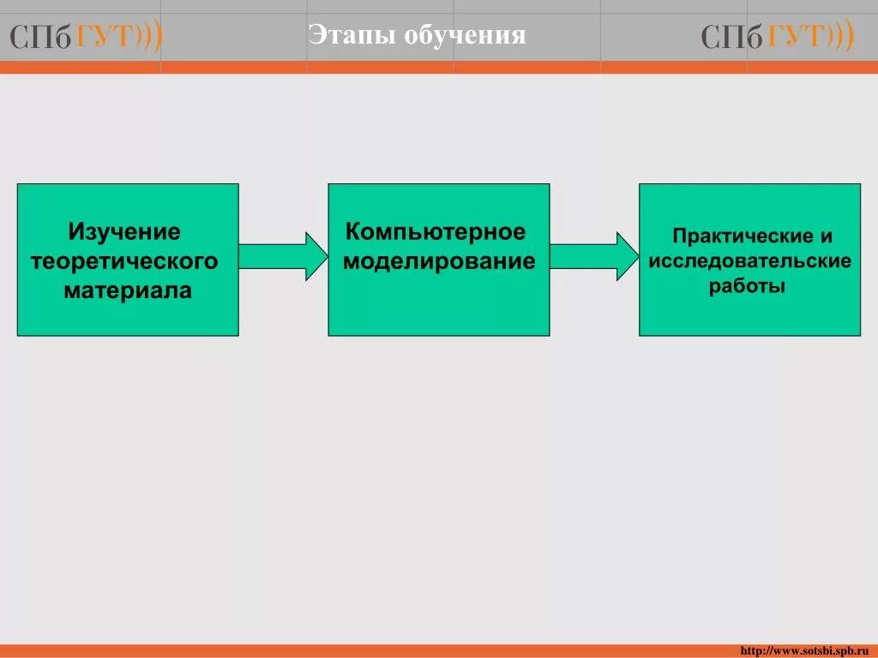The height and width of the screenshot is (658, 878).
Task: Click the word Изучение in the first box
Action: click(x=124, y=232)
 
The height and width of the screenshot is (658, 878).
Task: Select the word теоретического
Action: click(x=124, y=260)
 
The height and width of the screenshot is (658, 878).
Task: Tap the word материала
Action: click(x=128, y=290)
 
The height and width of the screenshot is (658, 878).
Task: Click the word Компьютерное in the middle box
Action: click(x=436, y=231)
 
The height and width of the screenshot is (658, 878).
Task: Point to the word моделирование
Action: click(x=439, y=261)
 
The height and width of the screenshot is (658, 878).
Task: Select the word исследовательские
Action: click(x=750, y=260)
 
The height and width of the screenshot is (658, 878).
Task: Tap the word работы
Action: click(x=747, y=286)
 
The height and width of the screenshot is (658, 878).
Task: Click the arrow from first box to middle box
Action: click(x=282, y=256)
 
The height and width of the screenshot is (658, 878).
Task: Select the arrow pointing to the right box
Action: click(x=593, y=256)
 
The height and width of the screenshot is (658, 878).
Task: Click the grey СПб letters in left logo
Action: click(x=41, y=38)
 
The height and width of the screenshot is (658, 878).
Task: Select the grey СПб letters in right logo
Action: click(x=731, y=38)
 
